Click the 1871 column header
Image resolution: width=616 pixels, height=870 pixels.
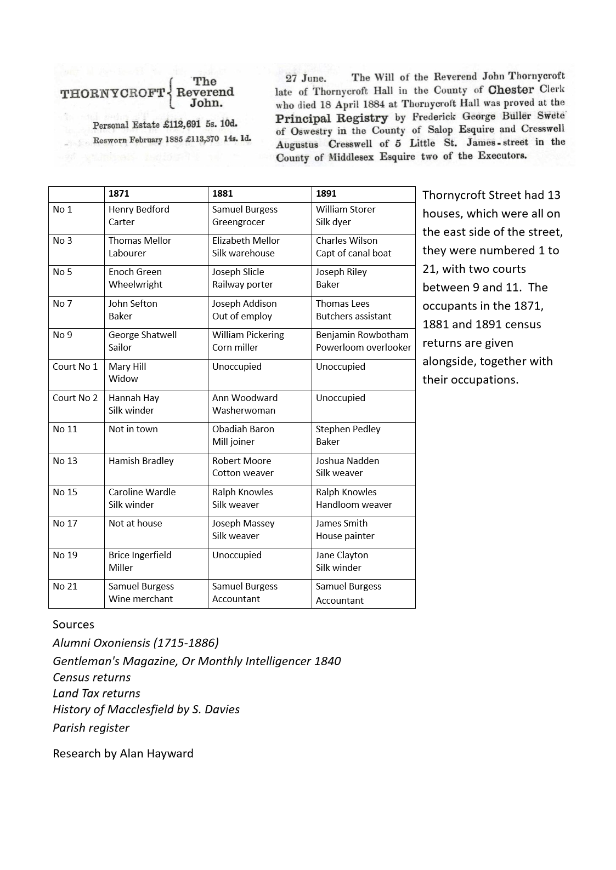pyautogui.click(x=119, y=194)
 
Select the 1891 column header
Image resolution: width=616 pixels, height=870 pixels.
pyautogui.click(x=326, y=194)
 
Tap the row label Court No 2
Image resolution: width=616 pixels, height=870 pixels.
pyautogui.click(x=75, y=398)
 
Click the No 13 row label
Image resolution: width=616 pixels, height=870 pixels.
pyautogui.click(x=65, y=461)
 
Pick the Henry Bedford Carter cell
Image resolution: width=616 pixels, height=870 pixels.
pyautogui.click(x=139, y=216)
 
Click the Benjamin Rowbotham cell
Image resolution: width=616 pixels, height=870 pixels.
pyautogui.click(x=363, y=341)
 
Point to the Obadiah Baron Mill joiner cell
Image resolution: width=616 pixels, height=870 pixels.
pyautogui.click(x=243, y=436)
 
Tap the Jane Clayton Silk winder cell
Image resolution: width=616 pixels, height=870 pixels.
pyautogui.click(x=342, y=562)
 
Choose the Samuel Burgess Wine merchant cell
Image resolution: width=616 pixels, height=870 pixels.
pyautogui.click(x=141, y=593)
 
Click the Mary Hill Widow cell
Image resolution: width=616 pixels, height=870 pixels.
pyautogui.click(x=127, y=373)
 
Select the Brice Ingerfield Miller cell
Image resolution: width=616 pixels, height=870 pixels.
pyautogui.click(x=140, y=562)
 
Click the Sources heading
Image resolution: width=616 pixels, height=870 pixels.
pyautogui.click(x=74, y=625)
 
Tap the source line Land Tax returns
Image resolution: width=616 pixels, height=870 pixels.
pyautogui.click(x=97, y=694)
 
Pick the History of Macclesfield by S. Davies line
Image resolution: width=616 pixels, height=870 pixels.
pyautogui.click(x=146, y=710)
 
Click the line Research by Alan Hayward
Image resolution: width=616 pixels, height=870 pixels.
pyautogui.click(x=123, y=754)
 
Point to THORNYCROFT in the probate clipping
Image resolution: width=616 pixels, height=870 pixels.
pyautogui.click(x=112, y=93)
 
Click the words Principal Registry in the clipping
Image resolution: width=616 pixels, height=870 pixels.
pyautogui.click(x=331, y=118)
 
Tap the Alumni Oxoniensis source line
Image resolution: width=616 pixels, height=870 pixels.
pyautogui.click(x=135, y=643)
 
